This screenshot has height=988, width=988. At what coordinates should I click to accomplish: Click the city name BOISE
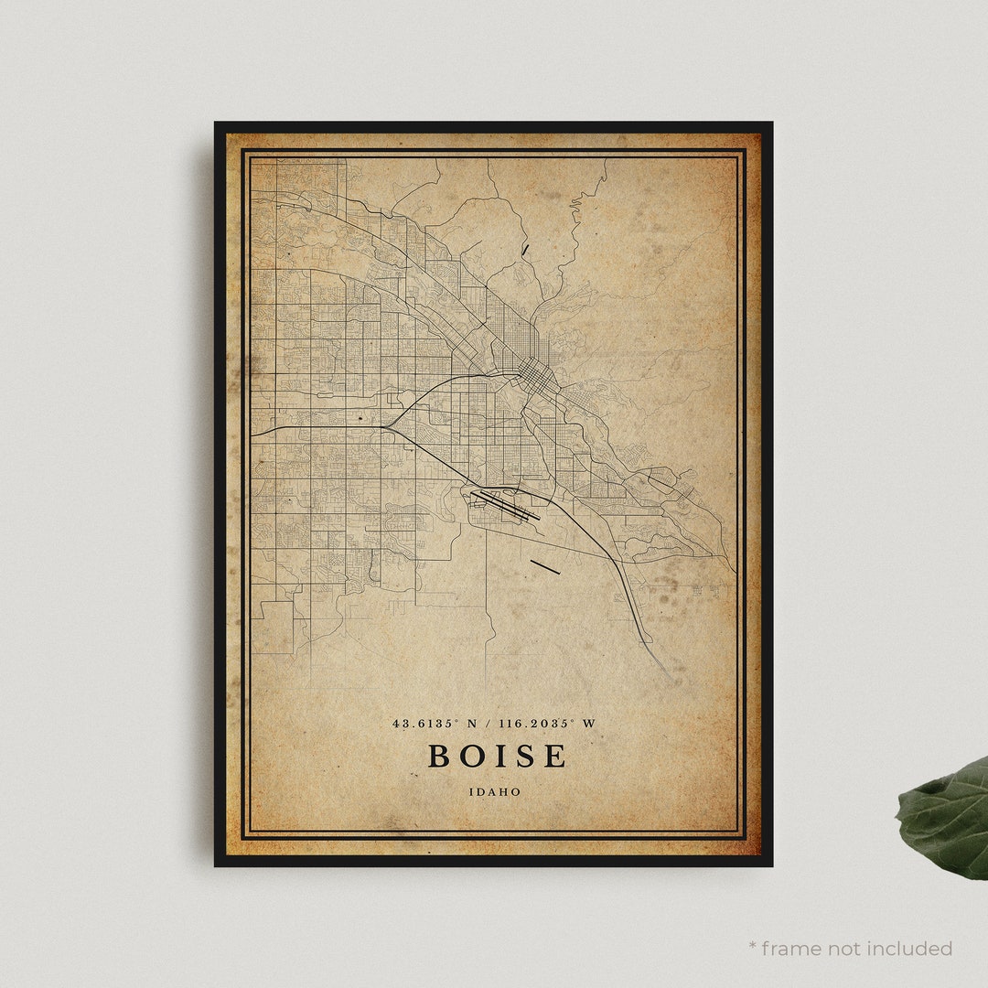click(497, 757)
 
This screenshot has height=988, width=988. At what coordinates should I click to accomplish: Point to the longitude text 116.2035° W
click(545, 724)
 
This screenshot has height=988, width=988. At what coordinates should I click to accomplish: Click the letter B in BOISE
click(438, 757)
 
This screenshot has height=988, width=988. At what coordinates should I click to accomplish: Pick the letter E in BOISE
click(555, 757)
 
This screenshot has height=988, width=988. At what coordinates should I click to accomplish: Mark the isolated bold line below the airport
click(545, 567)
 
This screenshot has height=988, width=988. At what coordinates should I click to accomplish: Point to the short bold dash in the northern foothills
click(525, 248)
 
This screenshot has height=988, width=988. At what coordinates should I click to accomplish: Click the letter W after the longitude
click(589, 724)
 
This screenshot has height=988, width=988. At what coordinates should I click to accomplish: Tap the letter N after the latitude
click(472, 724)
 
